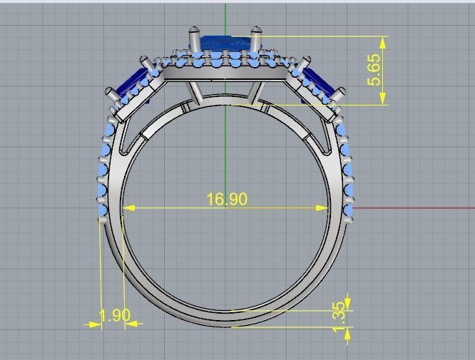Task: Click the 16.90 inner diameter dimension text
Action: click(227, 199)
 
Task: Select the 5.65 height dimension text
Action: click(374, 70)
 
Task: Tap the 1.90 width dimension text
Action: click(114, 315)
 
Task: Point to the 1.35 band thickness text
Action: click(339, 311)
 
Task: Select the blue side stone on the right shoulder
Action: click(319, 85)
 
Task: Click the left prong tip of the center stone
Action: click(193, 32)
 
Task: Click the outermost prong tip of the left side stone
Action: click(110, 93)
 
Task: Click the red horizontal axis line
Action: click(414, 209)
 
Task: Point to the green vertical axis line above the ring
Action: click(225, 14)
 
